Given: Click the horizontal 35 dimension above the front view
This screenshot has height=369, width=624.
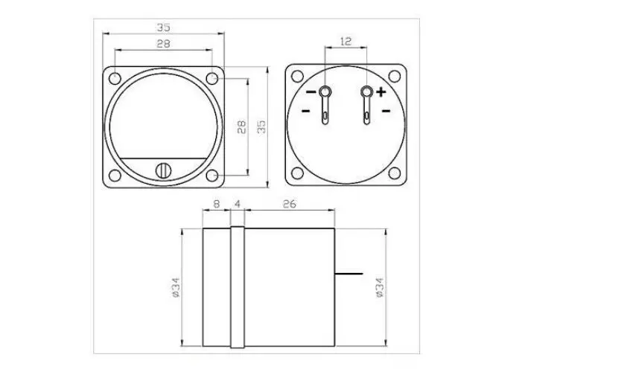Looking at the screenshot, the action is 163,28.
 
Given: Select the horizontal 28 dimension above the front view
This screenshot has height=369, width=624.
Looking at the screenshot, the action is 163,43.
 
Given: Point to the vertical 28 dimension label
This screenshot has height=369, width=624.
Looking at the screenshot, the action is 241,126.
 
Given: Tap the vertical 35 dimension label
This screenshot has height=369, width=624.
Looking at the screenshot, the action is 261,126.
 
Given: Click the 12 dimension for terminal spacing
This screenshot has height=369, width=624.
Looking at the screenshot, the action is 346,41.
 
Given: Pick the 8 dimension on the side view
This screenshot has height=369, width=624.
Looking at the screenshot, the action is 216,204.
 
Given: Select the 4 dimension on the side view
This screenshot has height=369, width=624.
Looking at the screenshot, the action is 238,204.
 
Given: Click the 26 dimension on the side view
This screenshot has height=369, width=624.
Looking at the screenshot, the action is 290,204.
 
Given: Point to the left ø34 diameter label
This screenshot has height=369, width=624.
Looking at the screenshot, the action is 176,287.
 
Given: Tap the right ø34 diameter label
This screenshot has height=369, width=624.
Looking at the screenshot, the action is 379,287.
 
